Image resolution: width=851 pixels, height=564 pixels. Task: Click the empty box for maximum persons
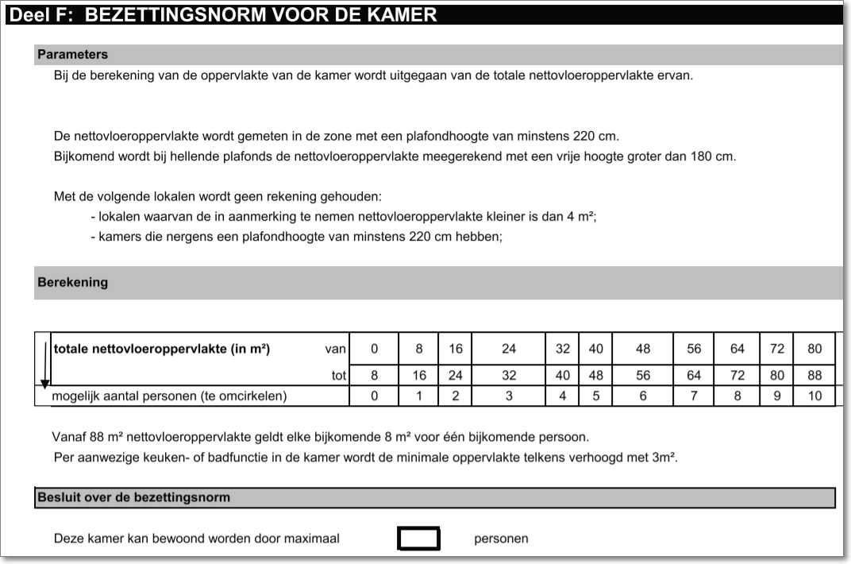(418, 539)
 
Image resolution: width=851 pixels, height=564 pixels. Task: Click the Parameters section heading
(72, 55)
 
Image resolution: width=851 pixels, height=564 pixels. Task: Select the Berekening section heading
(72, 282)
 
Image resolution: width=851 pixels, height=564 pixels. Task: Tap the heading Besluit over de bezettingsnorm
(133, 498)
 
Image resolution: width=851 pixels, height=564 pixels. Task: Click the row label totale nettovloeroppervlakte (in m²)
(162, 349)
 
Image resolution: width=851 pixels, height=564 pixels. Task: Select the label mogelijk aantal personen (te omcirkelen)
(169, 396)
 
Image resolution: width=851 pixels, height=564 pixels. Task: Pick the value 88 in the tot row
(815, 375)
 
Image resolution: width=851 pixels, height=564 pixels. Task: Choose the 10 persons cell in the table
(815, 396)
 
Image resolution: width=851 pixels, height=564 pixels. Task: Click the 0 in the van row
(375, 349)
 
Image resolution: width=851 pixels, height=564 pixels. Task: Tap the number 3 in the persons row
(509, 396)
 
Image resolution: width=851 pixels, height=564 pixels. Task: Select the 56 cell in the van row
(694, 349)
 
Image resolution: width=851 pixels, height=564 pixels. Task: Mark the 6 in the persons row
(643, 396)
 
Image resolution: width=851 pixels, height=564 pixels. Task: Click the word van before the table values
(336, 349)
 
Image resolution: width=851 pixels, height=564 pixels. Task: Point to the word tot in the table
(339, 375)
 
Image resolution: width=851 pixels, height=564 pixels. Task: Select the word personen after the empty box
(501, 539)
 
